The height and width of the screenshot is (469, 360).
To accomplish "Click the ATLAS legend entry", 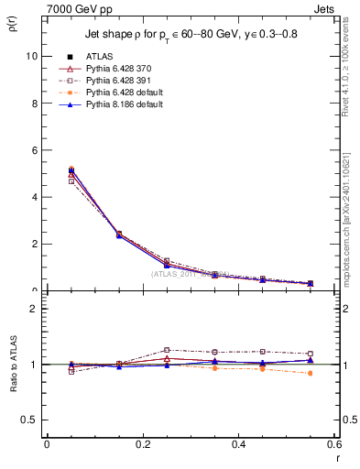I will coord(103,57).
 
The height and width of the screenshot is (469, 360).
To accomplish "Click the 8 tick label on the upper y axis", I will coord(34,103).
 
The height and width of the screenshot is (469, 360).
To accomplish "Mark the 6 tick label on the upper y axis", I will coord(34,150).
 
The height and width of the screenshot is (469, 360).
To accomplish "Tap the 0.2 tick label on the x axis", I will coord(142,443).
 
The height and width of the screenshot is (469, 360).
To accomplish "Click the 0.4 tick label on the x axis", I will coord(238,443).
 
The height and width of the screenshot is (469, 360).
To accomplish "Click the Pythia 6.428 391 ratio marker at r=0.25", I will coord(167,350).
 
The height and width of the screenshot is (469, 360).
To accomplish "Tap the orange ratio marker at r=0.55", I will coord(311,373).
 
